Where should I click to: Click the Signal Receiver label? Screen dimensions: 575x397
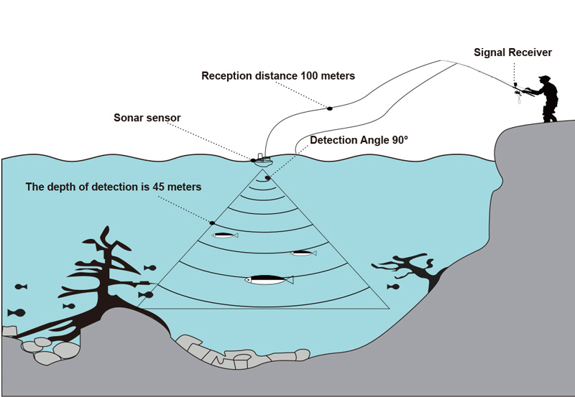click(512, 52)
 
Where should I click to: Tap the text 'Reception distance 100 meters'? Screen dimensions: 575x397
click(278, 76)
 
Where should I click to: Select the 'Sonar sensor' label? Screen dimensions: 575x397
click(147, 118)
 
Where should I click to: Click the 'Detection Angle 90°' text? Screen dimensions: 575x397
click(359, 140)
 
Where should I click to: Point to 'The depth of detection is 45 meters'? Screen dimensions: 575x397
click(114, 187)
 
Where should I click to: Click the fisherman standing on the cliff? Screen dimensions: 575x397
click(545, 98)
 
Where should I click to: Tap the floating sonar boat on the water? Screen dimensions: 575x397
click(262, 160)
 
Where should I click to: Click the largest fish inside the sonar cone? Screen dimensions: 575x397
click(269, 280)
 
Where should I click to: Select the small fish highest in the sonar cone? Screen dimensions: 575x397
click(225, 235)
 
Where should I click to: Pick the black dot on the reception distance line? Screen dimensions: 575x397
click(330, 108)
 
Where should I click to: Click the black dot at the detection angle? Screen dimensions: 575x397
click(267, 178)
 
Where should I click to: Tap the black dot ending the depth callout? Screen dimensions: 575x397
click(212, 223)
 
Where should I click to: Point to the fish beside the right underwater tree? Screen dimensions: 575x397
click(393, 286)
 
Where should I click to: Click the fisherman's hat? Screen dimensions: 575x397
click(545, 78)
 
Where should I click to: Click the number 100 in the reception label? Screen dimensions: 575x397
click(309, 76)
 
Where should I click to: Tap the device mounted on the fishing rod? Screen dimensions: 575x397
click(517, 91)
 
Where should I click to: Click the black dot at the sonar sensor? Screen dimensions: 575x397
click(253, 160)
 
